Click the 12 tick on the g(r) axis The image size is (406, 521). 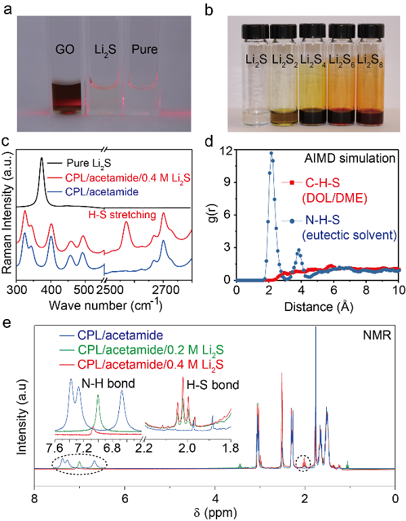227,150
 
